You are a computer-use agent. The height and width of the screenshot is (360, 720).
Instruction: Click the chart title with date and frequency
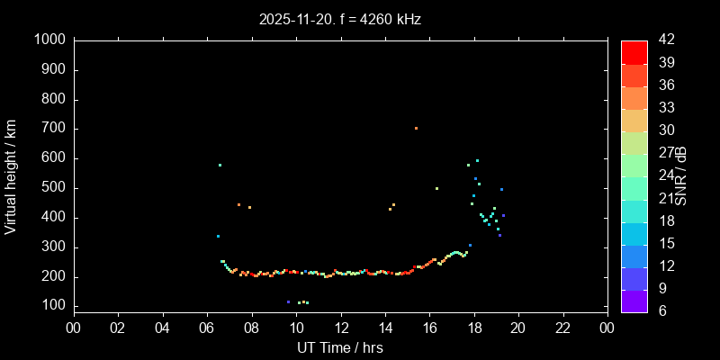339,19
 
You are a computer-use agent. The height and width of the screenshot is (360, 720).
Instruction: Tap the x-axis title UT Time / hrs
339,347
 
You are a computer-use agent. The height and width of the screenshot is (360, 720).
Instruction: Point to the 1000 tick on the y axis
49,40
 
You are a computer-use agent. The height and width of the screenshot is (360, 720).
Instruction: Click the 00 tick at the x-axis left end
73,327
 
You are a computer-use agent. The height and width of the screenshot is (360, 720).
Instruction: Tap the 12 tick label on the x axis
340,327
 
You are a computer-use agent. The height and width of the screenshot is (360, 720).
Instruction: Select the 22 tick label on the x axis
562,327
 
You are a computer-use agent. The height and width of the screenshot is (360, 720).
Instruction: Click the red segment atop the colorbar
634,52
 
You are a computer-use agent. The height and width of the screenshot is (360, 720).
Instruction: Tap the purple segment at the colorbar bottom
634,301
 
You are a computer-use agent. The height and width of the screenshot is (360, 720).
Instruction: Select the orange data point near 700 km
416,128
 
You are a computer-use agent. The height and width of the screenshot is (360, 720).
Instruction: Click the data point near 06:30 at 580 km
220,165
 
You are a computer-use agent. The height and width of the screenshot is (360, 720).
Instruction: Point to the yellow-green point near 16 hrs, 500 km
436,188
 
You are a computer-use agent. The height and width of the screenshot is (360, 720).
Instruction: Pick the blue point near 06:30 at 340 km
218,236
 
